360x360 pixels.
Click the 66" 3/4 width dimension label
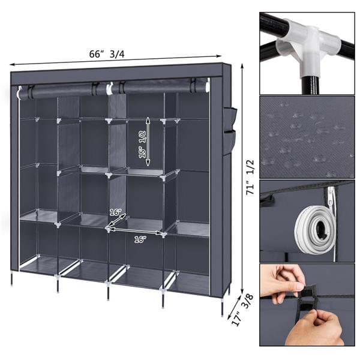tap(107, 54)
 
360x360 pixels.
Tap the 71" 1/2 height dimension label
tap(250, 177)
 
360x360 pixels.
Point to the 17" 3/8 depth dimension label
tap(242, 310)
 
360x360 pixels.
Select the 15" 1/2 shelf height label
tap(142, 144)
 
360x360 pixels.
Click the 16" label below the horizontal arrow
tap(140, 239)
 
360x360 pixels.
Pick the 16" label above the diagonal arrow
tap(115, 212)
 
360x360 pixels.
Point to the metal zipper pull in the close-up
tap(331, 197)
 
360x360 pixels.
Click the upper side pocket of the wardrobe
tap(230, 119)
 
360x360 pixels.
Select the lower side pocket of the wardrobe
tap(230, 142)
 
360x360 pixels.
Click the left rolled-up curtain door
tap(62, 90)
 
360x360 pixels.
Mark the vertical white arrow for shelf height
tap(148, 142)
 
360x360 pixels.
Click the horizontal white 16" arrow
tap(136, 231)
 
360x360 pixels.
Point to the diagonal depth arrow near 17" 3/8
tap(235, 305)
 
